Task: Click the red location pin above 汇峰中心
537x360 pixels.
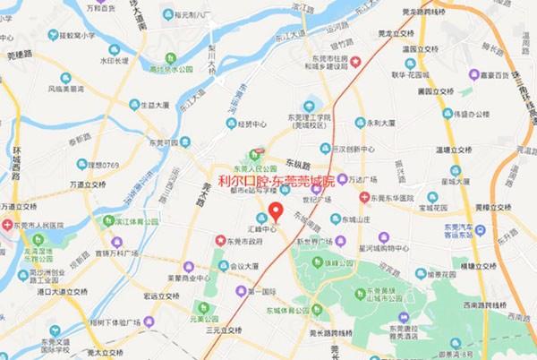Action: (276, 212)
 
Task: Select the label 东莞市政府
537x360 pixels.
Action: (243, 240)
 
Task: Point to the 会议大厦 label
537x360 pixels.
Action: (243, 266)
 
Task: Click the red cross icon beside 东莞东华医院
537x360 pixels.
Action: (364, 197)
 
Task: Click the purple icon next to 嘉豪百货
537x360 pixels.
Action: (473, 74)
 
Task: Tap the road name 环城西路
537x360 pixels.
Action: (16, 169)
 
